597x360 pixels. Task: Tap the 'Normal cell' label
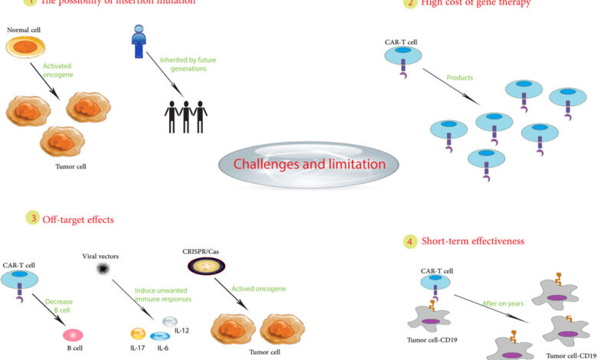[x=24, y=29]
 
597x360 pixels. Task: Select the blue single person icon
[x=139, y=42]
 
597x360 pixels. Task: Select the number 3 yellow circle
[x=33, y=218]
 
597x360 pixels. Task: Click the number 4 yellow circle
[x=410, y=241]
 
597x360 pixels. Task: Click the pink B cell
[x=74, y=335]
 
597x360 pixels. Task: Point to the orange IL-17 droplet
[x=138, y=334]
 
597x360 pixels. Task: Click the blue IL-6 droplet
[x=160, y=336]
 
